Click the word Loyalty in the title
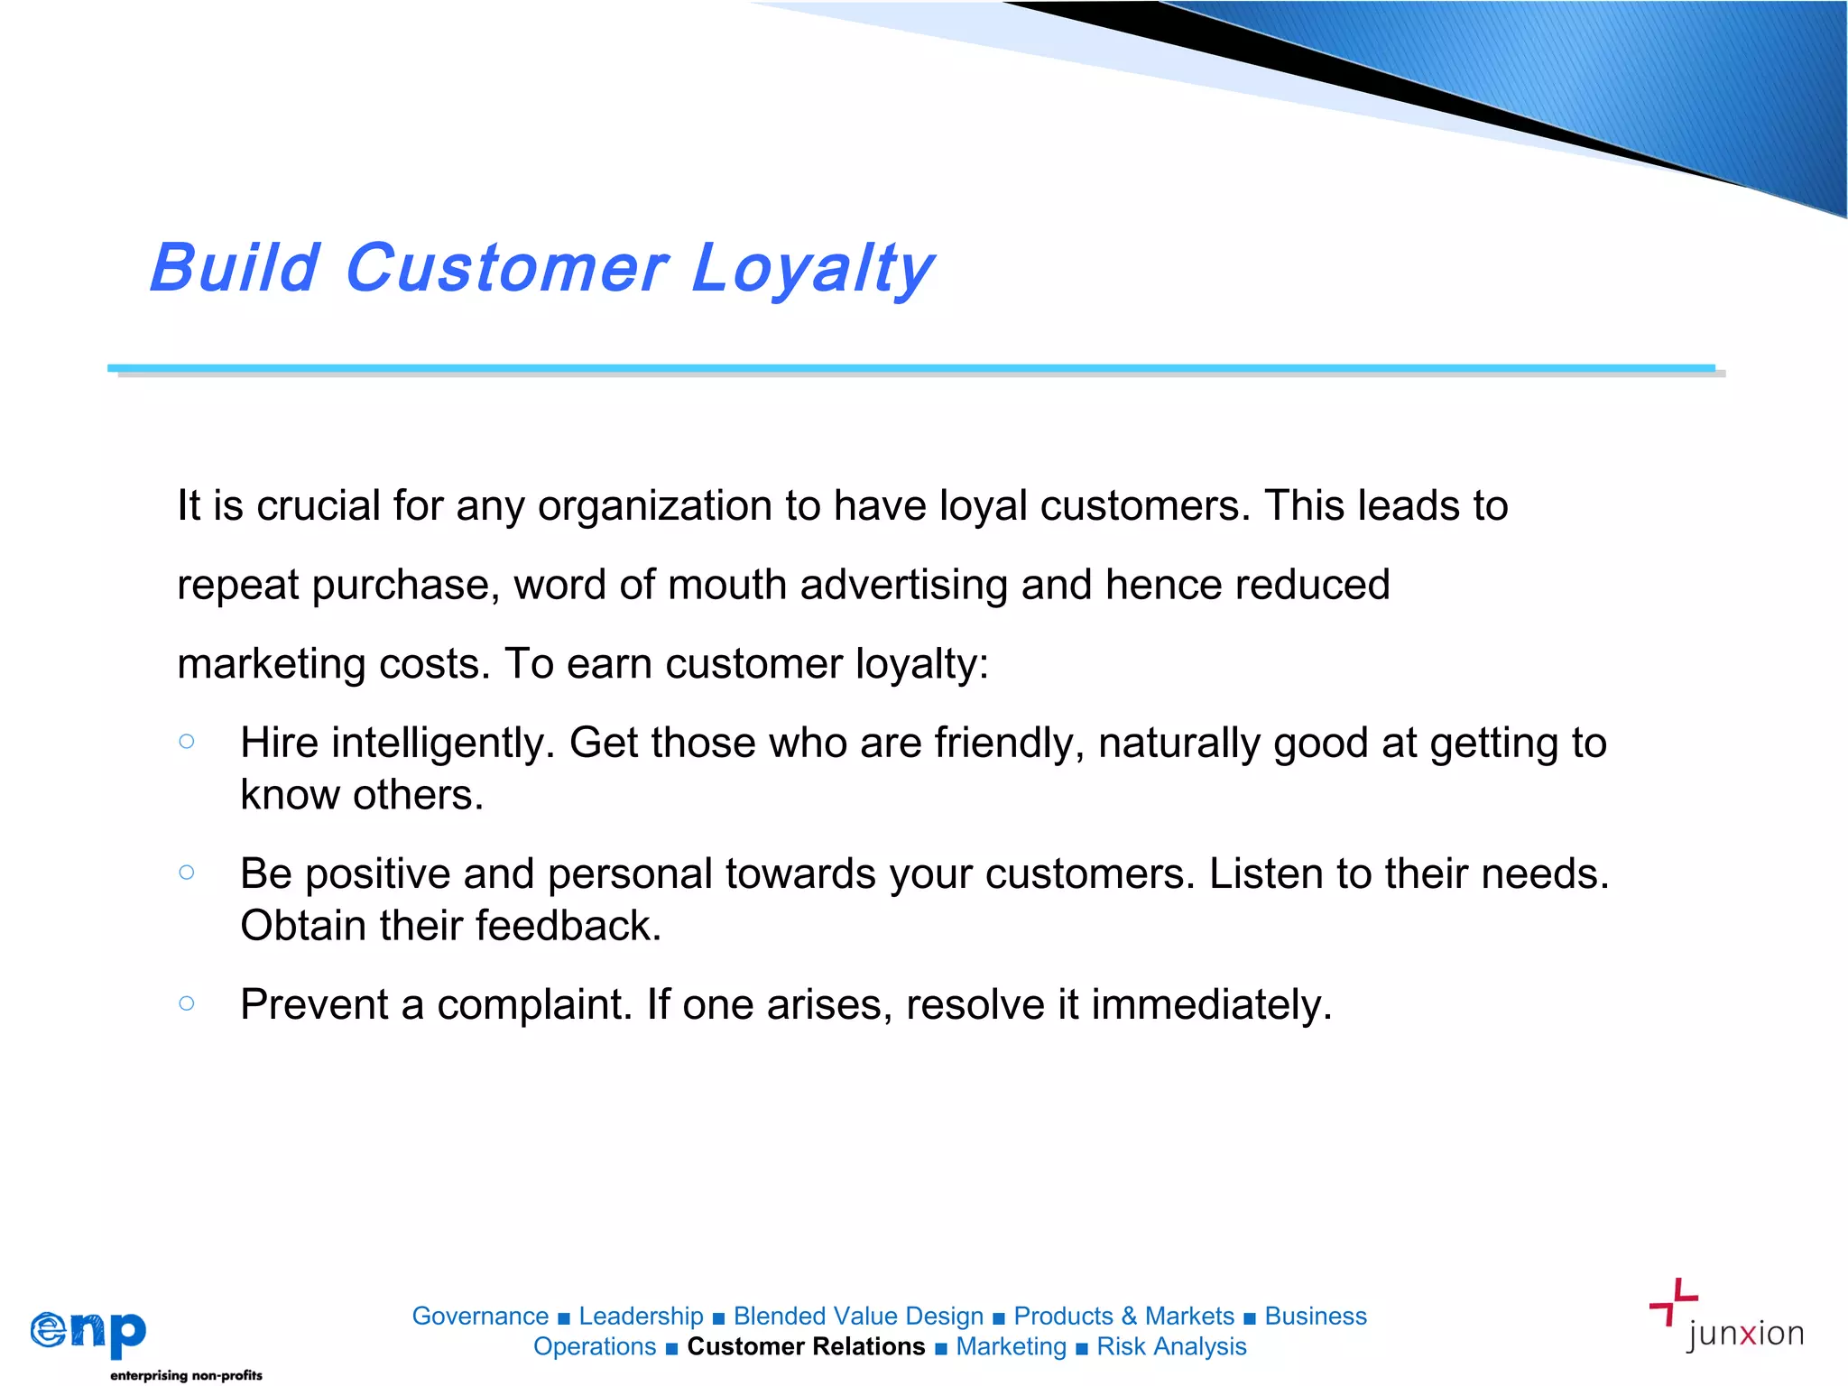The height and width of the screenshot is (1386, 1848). point(812,268)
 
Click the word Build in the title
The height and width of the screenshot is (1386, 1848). point(235,268)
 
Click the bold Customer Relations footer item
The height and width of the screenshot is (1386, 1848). point(806,1346)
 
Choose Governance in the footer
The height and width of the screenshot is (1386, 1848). point(480,1316)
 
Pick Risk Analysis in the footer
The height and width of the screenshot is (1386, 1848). point(1171,1346)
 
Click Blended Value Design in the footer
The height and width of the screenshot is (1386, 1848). point(858,1316)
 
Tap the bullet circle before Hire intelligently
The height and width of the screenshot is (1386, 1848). point(187,742)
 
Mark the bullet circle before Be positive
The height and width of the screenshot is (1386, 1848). point(187,873)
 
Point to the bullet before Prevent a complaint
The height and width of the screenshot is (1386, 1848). point(187,1003)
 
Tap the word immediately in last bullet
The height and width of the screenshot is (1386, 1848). point(1211,1004)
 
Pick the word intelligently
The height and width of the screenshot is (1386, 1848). point(442,744)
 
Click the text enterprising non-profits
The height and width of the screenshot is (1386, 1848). point(186,1375)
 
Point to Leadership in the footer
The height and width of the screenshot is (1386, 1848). point(641,1316)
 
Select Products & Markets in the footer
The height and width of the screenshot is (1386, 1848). point(1123,1316)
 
